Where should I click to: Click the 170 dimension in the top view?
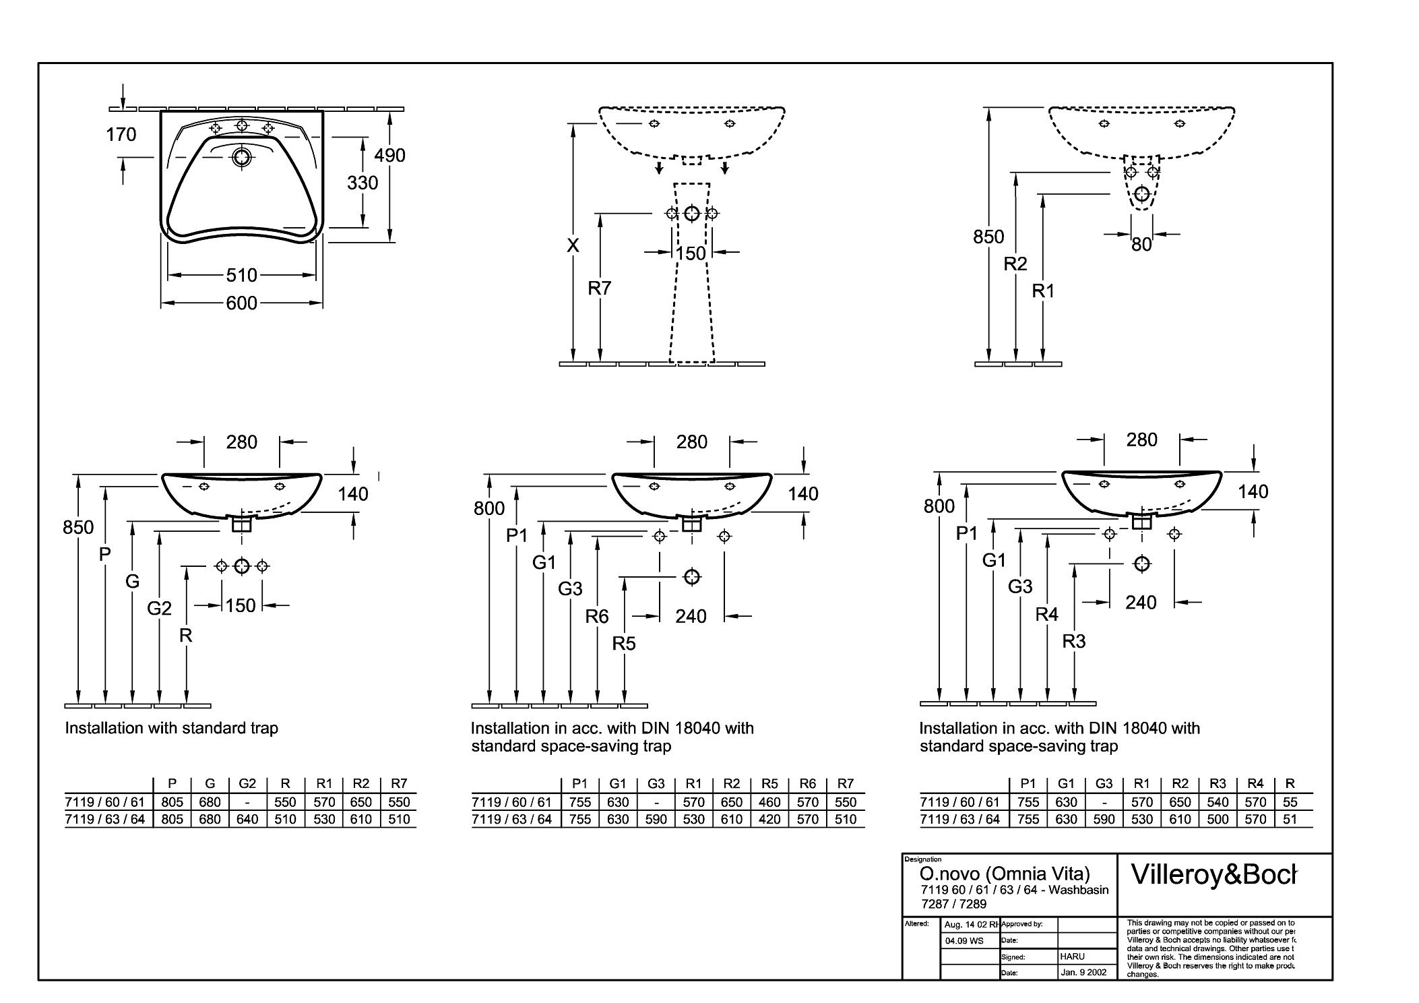(121, 135)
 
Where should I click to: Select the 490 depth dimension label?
(390, 156)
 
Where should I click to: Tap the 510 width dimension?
(242, 275)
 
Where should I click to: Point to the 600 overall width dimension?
(242, 303)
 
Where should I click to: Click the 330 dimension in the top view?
(362, 183)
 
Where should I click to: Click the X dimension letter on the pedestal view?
(573, 245)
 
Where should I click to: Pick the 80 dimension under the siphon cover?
(1141, 245)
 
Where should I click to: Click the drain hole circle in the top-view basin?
(241, 158)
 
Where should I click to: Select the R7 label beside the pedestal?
(599, 288)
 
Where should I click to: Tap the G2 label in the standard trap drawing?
(159, 609)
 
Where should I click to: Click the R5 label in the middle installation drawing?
(624, 644)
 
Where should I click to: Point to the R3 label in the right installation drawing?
(1074, 642)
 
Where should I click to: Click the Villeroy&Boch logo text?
(1213, 874)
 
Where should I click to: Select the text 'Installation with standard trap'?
(171, 728)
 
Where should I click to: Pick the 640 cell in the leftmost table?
(247, 820)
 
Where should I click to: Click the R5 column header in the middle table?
(769, 784)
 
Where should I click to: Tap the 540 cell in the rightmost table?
(1218, 802)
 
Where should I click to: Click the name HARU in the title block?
(1073, 956)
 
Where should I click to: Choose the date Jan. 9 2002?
(1083, 973)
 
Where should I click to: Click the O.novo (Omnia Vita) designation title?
(1005, 874)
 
